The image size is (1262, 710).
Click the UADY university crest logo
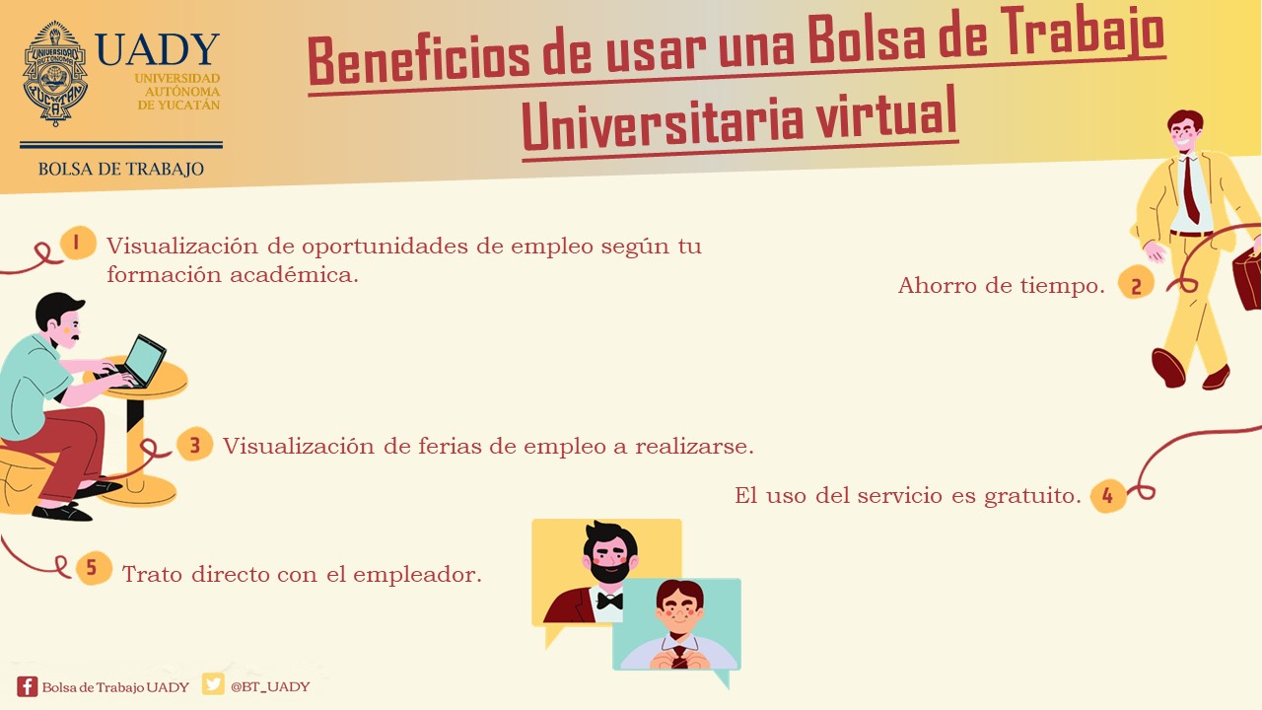coord(55,73)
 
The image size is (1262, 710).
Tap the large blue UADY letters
coord(157,49)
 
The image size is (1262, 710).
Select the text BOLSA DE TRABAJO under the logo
coord(121,169)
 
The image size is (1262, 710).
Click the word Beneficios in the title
coord(418,59)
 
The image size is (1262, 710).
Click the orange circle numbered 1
coord(78,243)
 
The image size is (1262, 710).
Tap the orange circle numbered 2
coord(1136,282)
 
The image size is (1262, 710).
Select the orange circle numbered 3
coord(194,444)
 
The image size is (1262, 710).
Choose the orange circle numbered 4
coord(1107,496)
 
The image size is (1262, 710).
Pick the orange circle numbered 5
coord(93,567)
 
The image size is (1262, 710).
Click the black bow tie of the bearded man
coord(609,601)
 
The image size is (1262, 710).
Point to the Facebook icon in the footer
coord(27,686)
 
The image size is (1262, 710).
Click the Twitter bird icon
coord(213,684)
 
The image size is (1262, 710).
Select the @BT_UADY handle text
coord(270,686)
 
